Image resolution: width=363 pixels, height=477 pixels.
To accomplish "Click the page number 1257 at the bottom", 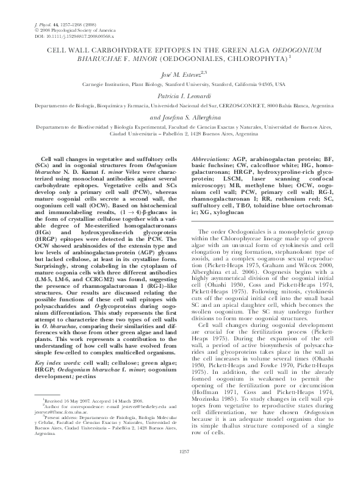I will tap(181, 468).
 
